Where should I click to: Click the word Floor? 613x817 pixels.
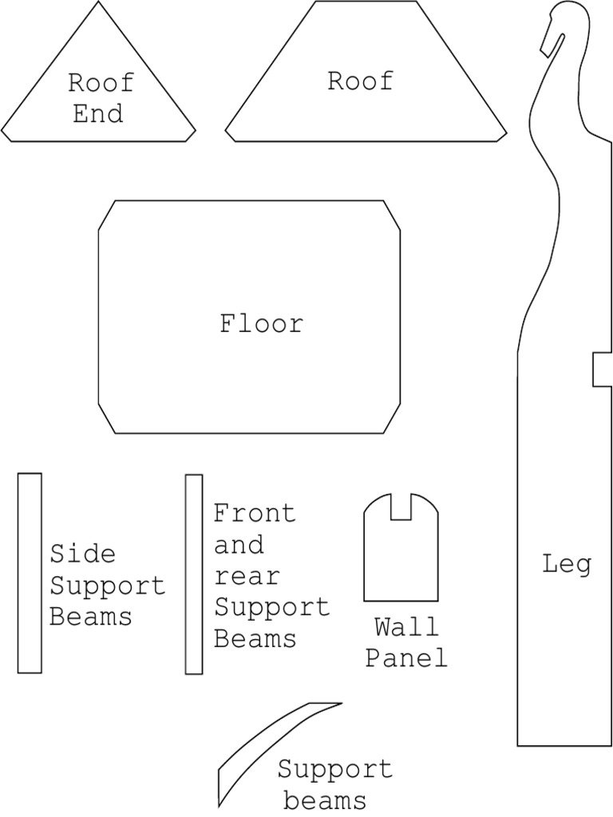click(x=262, y=324)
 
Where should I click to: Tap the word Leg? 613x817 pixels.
click(x=567, y=565)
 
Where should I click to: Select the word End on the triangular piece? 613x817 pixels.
click(x=98, y=114)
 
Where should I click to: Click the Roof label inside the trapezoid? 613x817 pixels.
click(x=360, y=81)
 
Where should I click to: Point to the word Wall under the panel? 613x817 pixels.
click(x=406, y=627)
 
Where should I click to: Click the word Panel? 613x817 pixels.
click(x=406, y=658)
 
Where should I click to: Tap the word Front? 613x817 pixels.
click(x=254, y=513)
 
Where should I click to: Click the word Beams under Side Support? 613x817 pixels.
click(x=90, y=616)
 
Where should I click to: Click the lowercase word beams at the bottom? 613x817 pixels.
click(x=325, y=799)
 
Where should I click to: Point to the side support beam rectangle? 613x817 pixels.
click(x=30, y=573)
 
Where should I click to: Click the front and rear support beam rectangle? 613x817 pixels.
click(x=194, y=574)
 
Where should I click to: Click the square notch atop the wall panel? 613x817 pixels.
click(x=401, y=507)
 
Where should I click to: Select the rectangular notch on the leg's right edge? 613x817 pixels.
click(x=602, y=369)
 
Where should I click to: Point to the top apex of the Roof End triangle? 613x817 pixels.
click(x=100, y=3)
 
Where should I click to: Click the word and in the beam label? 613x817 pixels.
click(x=238, y=546)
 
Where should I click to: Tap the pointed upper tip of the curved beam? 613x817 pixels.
click(x=338, y=704)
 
